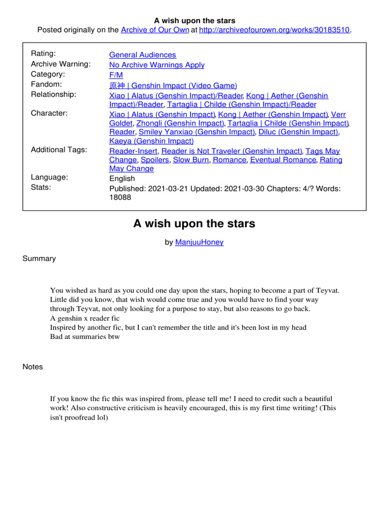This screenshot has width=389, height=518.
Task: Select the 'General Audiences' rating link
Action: click(x=143, y=55)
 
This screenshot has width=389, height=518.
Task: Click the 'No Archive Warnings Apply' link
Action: click(x=157, y=65)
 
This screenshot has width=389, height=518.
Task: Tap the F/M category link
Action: click(x=116, y=75)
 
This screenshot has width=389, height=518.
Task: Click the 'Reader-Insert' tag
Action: click(x=134, y=151)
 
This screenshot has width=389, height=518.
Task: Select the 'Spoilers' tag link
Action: click(x=155, y=160)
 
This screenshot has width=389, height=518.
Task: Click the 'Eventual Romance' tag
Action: click(x=283, y=160)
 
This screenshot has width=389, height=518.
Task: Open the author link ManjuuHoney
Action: click(x=199, y=242)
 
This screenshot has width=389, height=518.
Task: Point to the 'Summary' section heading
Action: click(x=39, y=258)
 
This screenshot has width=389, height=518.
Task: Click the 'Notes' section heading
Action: click(x=33, y=367)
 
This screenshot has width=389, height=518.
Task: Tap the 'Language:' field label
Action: click(x=50, y=177)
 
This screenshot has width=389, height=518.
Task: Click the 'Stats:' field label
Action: click(x=42, y=187)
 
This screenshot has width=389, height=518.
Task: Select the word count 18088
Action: click(x=120, y=197)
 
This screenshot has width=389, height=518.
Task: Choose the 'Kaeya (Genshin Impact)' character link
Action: click(x=151, y=141)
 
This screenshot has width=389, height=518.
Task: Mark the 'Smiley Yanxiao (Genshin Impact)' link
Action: click(x=197, y=132)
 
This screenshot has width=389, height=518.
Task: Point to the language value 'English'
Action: click(x=122, y=179)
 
